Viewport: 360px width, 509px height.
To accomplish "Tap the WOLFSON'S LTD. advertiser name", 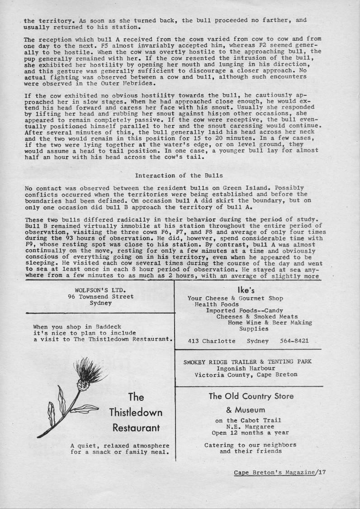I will [x=100, y=290].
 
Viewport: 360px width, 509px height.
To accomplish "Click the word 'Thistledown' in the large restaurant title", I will [x=136, y=413].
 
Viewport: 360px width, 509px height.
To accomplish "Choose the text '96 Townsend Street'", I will [x=100, y=296].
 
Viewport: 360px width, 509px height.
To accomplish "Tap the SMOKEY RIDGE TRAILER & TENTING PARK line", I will [x=247, y=362].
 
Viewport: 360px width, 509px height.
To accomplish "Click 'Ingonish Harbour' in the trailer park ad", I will [x=247, y=368].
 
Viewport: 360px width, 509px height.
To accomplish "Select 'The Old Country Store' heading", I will [x=251, y=396].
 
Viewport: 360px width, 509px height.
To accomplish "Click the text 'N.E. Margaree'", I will [x=247, y=426].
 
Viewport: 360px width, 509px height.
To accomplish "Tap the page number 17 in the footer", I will [x=322, y=472].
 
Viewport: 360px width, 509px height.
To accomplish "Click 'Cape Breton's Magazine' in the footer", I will [x=275, y=472].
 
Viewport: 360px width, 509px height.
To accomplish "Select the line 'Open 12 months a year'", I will [x=247, y=432].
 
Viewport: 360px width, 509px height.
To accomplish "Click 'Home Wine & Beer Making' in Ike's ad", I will [x=270, y=323].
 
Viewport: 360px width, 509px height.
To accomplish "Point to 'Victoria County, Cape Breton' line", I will [x=246, y=375].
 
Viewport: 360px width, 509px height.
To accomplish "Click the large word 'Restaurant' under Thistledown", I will [x=136, y=428].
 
